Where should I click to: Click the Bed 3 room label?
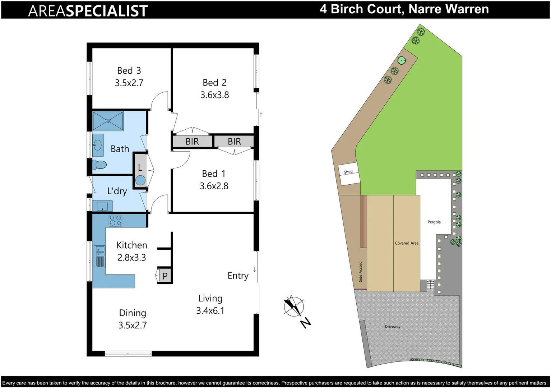tap(129, 70)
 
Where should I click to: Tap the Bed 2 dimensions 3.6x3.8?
tap(214, 95)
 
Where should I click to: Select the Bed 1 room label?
tap(214, 174)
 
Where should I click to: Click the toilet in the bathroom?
tap(99, 165)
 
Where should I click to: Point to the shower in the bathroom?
tap(108, 121)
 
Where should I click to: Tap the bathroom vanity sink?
tap(98, 145)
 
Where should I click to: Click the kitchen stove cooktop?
tap(115, 220)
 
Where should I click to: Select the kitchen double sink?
tap(99, 257)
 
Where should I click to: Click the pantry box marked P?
tap(165, 276)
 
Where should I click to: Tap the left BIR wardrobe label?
tap(192, 142)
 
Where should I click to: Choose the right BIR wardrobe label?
tap(234, 142)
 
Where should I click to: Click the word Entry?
tap(238, 276)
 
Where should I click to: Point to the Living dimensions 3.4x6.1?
tap(210, 310)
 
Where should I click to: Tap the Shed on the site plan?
tap(348, 174)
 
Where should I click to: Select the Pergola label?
tap(434, 222)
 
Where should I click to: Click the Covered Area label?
tap(407, 243)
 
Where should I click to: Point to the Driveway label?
tap(392, 327)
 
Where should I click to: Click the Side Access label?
tap(360, 272)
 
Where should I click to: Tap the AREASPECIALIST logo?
tap(88, 11)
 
